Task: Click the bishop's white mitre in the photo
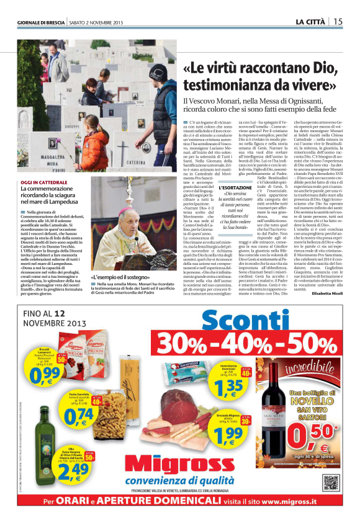click(140, 199)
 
